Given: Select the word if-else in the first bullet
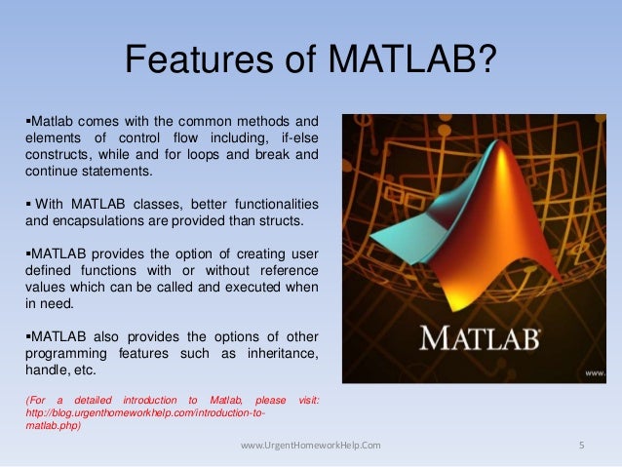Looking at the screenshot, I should (x=294, y=137).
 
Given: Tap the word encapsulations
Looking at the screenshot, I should (x=91, y=219).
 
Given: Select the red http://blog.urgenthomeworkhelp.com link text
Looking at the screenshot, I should (x=146, y=412).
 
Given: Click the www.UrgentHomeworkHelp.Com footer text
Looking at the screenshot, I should (x=311, y=446).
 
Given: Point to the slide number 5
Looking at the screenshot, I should (x=581, y=446).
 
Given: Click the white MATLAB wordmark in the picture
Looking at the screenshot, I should (x=477, y=339).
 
